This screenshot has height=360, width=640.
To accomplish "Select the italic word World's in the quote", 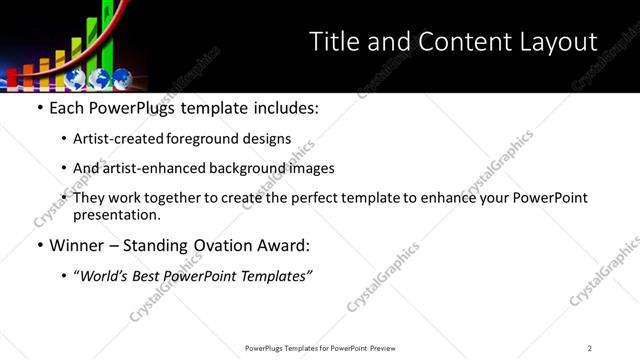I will click(x=106, y=275).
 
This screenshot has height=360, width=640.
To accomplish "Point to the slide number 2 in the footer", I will click(x=589, y=347).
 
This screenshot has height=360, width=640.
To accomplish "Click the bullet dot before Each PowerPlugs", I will click(x=38, y=108).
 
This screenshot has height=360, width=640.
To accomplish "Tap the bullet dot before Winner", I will click(x=38, y=244).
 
